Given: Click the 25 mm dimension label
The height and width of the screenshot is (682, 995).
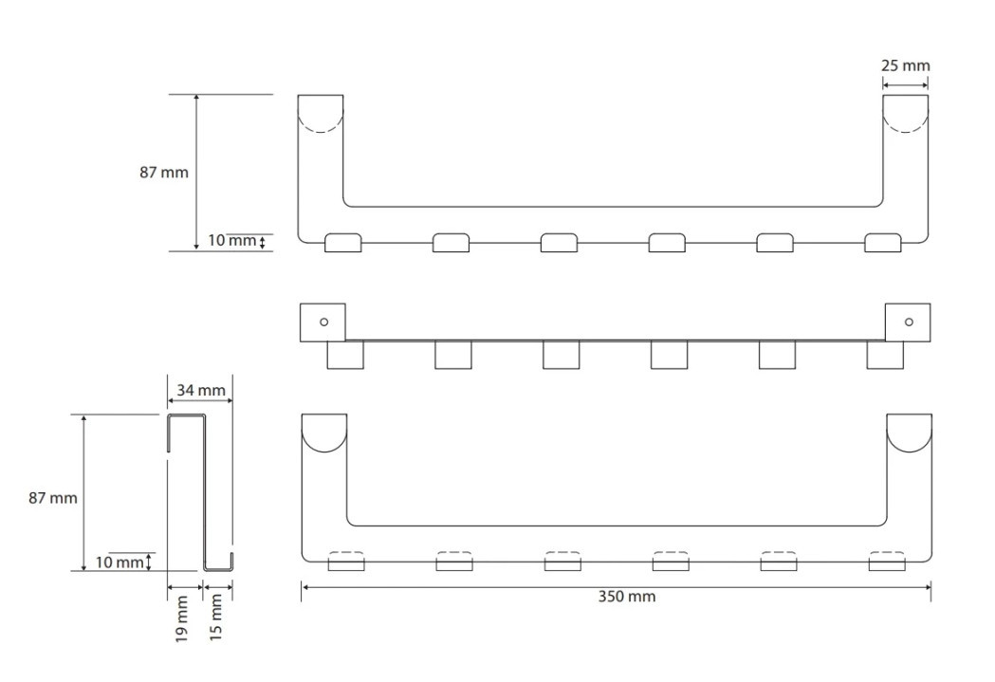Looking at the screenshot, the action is (906, 65).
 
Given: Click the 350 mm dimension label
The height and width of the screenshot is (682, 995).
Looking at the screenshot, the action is (627, 597).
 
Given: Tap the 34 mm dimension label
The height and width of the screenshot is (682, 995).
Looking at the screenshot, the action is (200, 390).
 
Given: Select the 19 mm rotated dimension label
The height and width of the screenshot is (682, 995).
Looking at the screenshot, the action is (181, 617).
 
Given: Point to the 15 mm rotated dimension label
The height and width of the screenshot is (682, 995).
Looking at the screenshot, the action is (216, 616).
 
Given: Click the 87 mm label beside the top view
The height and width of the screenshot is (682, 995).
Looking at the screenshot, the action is (164, 172).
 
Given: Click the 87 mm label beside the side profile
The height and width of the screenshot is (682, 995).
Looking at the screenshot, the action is (53, 498).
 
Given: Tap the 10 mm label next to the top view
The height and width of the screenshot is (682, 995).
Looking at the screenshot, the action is (232, 240).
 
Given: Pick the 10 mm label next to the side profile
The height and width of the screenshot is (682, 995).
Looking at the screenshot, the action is (120, 562).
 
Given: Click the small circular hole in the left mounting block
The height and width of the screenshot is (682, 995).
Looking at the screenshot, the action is (323, 323).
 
